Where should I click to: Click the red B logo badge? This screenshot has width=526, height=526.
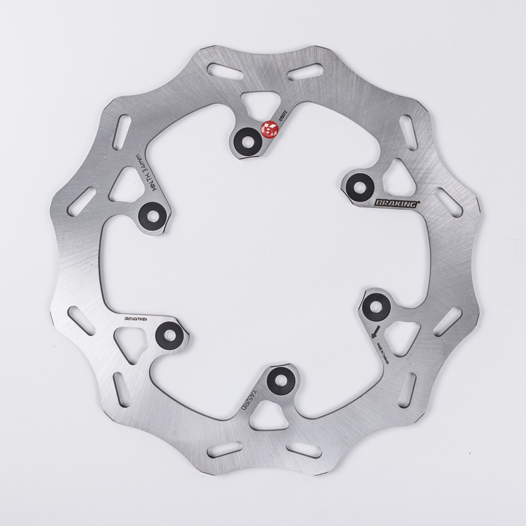[x=268, y=129]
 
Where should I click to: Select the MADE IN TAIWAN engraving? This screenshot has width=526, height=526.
[x=379, y=343]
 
